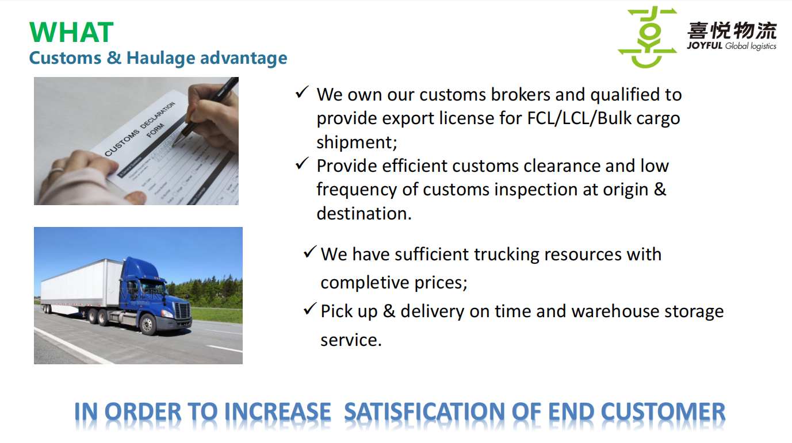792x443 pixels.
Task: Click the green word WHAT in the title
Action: click(71, 32)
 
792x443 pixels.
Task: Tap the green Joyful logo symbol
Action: click(648, 37)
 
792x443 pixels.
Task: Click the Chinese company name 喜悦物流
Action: click(732, 30)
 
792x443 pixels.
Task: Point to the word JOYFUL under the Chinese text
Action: click(705, 45)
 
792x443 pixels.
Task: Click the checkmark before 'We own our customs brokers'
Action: click(302, 92)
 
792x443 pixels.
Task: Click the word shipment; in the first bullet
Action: click(357, 142)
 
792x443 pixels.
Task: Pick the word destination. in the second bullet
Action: click(364, 213)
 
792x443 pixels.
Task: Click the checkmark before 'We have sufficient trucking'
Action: click(310, 252)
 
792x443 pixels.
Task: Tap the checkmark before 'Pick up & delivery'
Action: click(310, 309)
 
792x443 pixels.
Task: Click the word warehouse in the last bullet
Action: click(615, 311)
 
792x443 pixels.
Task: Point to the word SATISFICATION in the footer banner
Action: click(424, 412)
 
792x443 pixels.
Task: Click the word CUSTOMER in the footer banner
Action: click(663, 412)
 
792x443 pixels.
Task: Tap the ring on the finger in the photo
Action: click(57, 170)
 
